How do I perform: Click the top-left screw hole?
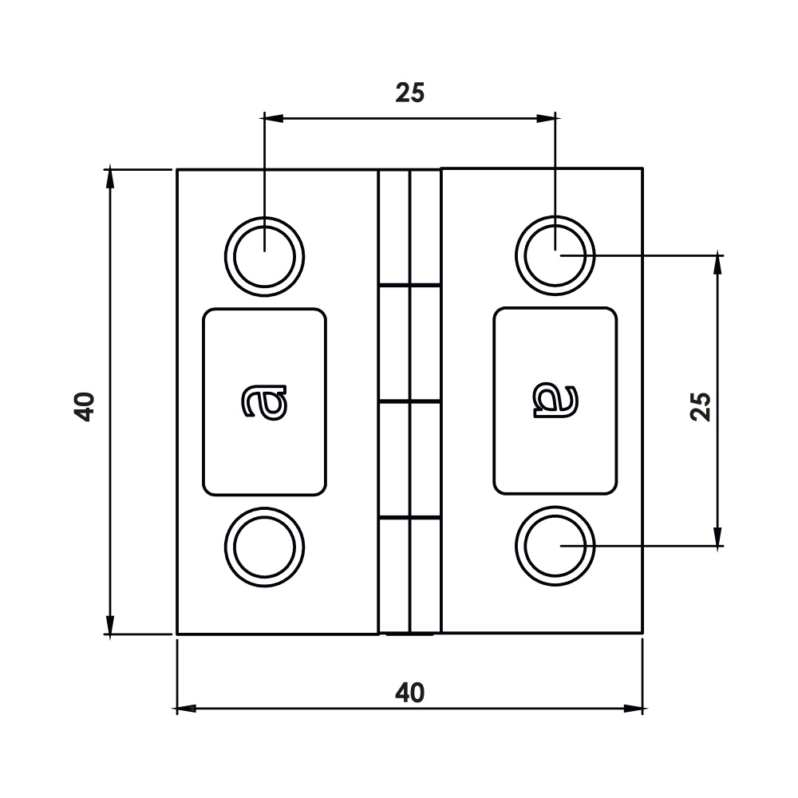tap(265, 256)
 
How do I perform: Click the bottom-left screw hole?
tap(265, 547)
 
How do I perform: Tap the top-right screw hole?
tap(555, 255)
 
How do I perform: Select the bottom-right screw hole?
tap(555, 546)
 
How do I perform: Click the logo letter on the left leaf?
tap(264, 401)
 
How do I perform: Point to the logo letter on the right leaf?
tap(555, 401)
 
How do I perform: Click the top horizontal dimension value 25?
tap(409, 93)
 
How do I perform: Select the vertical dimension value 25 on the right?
tap(701, 407)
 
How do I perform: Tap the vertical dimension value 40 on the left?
tap(85, 407)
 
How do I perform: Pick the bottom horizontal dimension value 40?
tap(409, 693)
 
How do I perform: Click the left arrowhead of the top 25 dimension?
tap(272, 119)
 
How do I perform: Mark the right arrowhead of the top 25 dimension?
tap(547, 119)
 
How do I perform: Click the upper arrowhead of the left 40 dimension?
tap(109, 179)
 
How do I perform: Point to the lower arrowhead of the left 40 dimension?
tap(109, 625)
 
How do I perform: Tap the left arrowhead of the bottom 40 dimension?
tap(185, 709)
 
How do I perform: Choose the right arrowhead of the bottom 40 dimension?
tap(634, 709)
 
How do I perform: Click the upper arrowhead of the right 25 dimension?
tap(718, 265)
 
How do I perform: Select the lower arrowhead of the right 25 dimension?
tap(718, 537)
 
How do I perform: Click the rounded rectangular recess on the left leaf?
tap(265, 402)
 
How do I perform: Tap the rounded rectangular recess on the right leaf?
tap(555, 401)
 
